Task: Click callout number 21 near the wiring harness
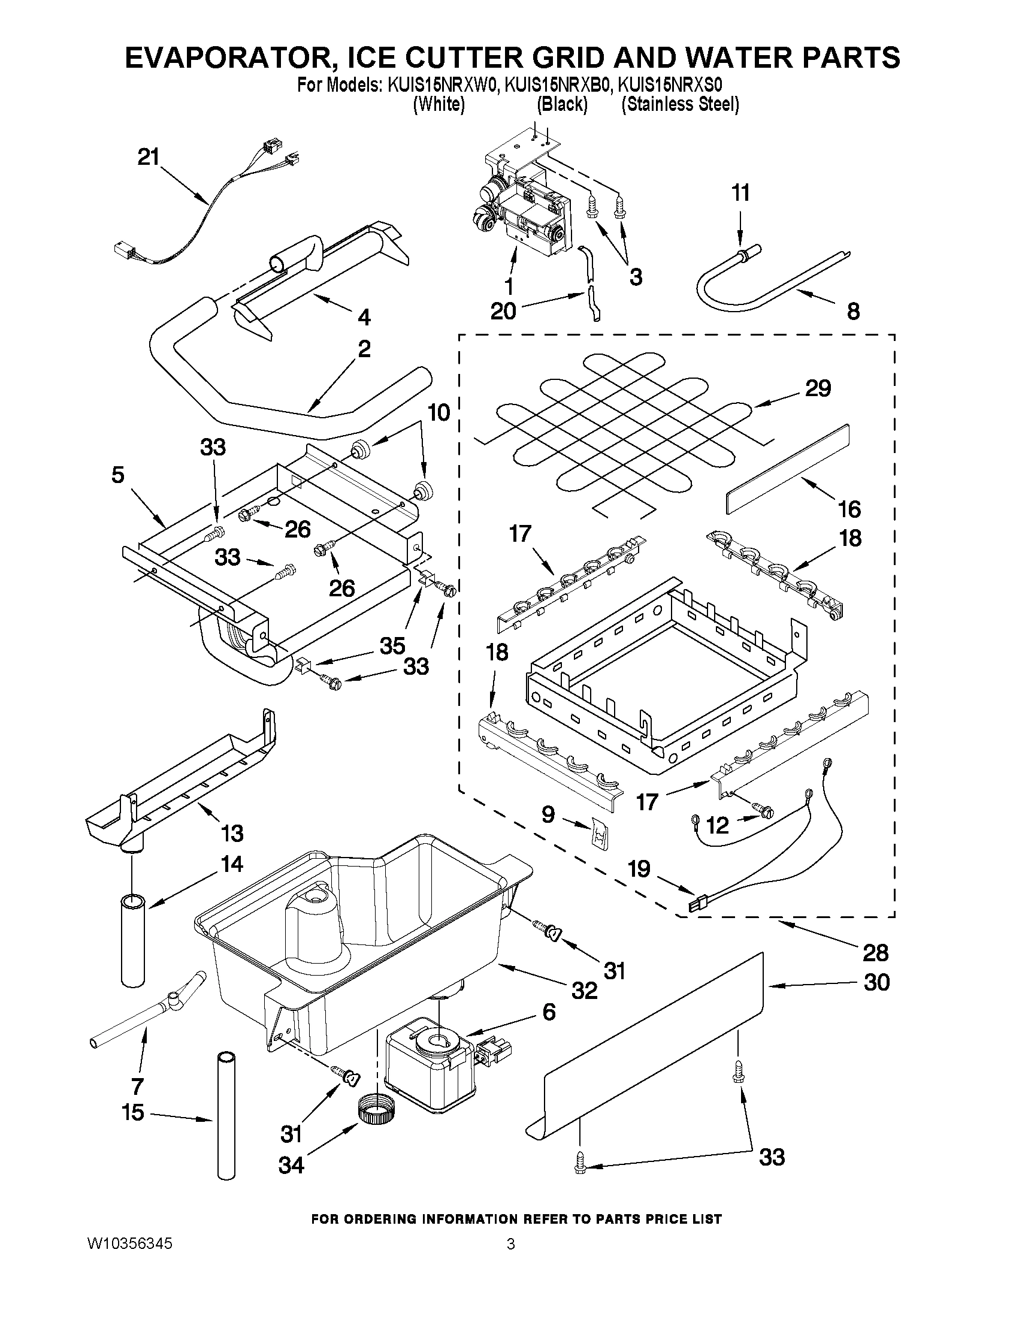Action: point(149,158)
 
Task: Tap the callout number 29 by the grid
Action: point(818,388)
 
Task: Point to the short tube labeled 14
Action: point(134,941)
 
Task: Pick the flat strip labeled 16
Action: point(787,469)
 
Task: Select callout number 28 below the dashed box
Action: point(875,952)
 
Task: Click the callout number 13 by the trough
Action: point(232,833)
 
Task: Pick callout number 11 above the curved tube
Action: point(740,192)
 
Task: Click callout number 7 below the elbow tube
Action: point(137,1086)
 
